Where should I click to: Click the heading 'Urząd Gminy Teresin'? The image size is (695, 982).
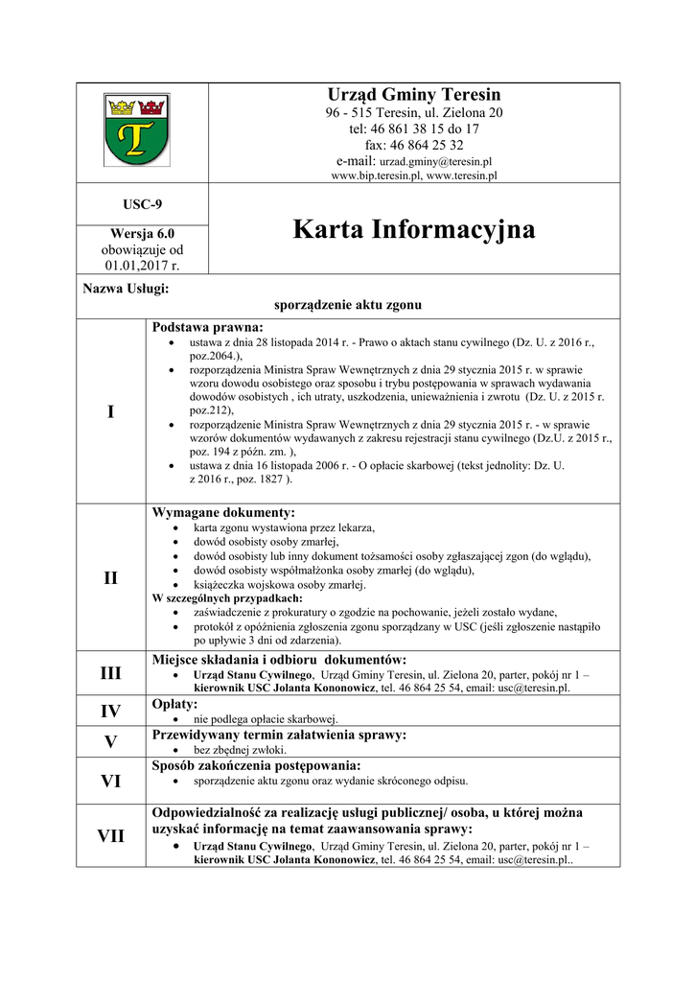pos(414,95)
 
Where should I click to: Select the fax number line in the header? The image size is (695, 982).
pos(414,145)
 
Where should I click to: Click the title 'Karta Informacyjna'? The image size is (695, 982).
pos(414,230)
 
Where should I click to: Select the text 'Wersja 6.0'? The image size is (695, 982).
pos(142,233)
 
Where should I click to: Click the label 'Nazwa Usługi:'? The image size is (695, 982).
pos(127,288)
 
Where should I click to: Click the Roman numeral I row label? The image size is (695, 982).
pos(110,411)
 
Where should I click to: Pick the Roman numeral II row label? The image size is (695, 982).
pos(110,577)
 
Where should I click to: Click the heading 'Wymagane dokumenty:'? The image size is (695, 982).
pos(223,512)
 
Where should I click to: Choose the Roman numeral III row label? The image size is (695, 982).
pos(110,673)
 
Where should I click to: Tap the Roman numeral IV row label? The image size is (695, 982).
pos(110,712)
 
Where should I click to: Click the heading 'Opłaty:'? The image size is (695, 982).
pos(175,704)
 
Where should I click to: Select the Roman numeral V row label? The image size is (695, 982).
pos(110,741)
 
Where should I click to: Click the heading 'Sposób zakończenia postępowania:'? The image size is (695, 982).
pos(256,764)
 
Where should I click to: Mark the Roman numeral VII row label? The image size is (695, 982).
pos(110,835)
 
